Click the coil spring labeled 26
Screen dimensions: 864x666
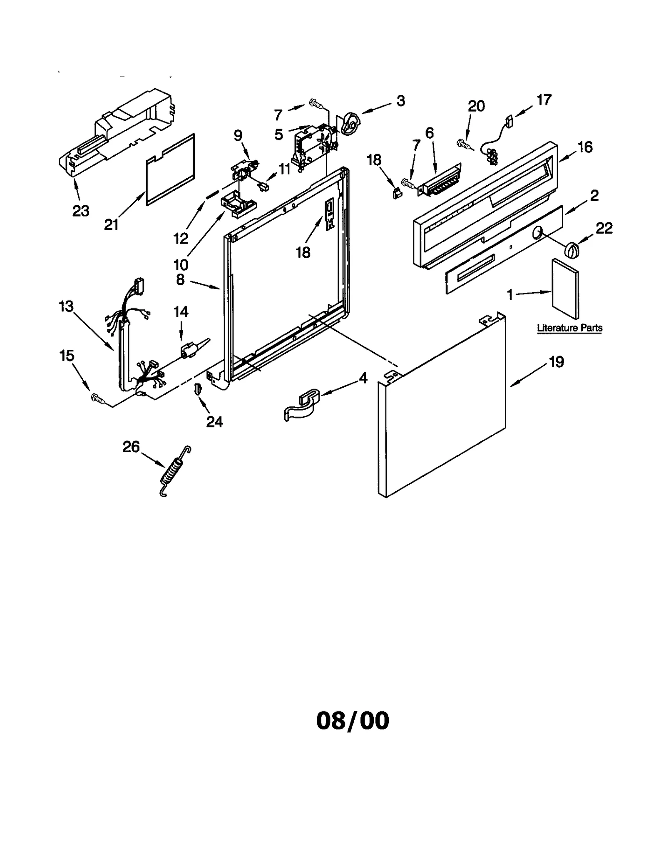175,471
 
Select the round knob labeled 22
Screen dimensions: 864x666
572,250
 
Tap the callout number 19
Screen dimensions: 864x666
556,362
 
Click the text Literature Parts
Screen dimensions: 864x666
569,328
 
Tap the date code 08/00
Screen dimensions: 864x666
353,721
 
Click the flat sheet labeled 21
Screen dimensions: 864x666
170,169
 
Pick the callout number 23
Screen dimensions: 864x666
81,211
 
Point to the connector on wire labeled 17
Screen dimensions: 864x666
509,121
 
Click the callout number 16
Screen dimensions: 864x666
585,147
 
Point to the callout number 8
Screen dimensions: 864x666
180,279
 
